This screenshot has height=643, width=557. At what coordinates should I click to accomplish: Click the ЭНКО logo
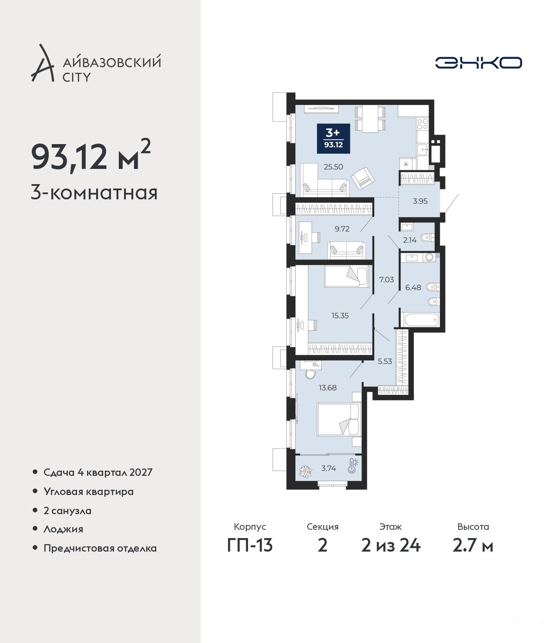(478, 63)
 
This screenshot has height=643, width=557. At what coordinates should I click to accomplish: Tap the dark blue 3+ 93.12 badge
(333, 138)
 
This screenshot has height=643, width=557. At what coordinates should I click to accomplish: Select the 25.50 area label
(333, 167)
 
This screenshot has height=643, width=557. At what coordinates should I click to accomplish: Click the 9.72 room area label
(342, 229)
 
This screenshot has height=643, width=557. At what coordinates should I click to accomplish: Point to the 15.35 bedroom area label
(340, 316)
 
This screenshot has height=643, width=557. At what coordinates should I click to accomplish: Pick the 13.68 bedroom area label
(328, 387)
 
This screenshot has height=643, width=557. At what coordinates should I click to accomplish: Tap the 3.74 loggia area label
(329, 468)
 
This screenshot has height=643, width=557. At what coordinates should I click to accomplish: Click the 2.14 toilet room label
(409, 240)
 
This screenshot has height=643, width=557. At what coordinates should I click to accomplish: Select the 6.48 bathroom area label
(413, 287)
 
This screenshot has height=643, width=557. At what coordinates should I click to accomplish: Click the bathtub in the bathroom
(420, 320)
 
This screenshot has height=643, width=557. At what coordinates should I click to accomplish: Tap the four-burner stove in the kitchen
(423, 124)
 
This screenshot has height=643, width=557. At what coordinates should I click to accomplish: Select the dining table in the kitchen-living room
(370, 119)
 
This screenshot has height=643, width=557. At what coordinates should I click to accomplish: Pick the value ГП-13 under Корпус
(250, 545)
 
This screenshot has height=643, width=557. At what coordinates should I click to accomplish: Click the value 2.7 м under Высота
(473, 545)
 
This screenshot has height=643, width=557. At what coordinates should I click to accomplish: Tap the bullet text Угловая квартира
(89, 492)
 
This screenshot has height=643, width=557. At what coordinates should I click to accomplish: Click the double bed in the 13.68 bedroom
(339, 419)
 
